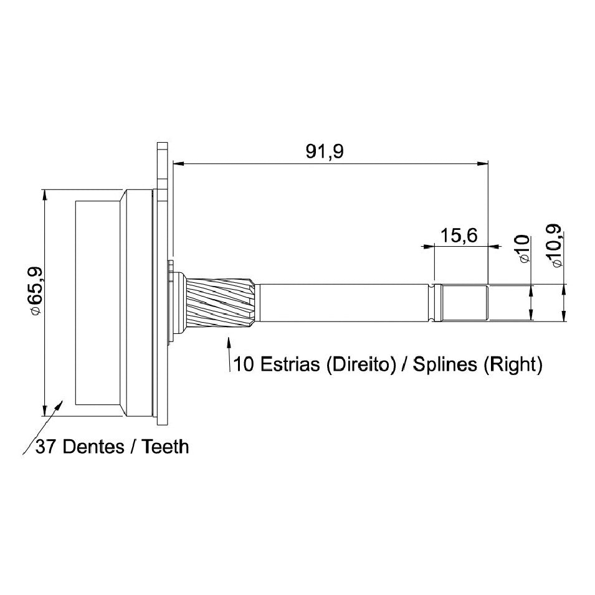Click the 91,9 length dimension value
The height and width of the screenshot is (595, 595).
tap(325, 151)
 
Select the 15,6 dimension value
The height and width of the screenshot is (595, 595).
tap(459, 236)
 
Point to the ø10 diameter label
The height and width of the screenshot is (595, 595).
tap(523, 249)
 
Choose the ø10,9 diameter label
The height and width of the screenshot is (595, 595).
tap(555, 246)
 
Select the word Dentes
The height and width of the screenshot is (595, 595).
tap(93, 447)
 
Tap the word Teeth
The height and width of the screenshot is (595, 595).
tap(165, 447)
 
